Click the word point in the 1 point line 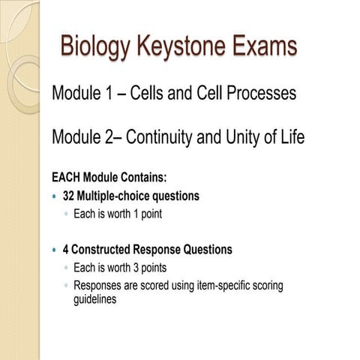149,214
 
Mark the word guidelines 95,298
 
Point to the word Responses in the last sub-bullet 99,285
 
